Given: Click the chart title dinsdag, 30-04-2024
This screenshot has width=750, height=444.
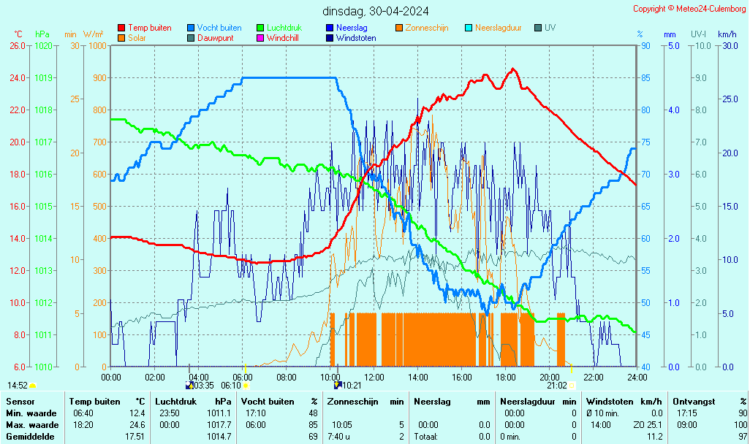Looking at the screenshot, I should coord(376,11).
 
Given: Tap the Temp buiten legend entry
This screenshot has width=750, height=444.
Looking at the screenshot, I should coord(149,28).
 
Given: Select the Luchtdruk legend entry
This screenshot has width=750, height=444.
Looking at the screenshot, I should coord(286,28).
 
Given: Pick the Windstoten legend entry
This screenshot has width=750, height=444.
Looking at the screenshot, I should coord(356,38).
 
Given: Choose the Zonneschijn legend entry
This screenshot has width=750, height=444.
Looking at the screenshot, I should coord(427,28).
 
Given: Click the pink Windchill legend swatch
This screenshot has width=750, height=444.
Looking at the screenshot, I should coord(260,38).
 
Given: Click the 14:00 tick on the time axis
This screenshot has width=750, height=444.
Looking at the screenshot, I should coord(418,377).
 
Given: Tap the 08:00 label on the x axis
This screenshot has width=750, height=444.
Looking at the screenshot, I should coord(287,377).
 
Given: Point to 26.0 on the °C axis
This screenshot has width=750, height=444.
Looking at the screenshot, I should coord(18,45).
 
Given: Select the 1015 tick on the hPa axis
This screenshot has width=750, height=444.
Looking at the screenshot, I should coord(43,206).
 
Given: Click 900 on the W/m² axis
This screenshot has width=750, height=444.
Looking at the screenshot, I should coord(98,77).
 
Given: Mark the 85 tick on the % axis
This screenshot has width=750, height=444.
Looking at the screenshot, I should coord(645,77).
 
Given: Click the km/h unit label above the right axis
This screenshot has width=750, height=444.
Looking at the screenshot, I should coord(727,34).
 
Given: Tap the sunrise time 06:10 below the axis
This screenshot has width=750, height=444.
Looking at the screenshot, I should coord(231,385).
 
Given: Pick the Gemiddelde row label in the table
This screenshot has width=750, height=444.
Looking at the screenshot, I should coord(27,436).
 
